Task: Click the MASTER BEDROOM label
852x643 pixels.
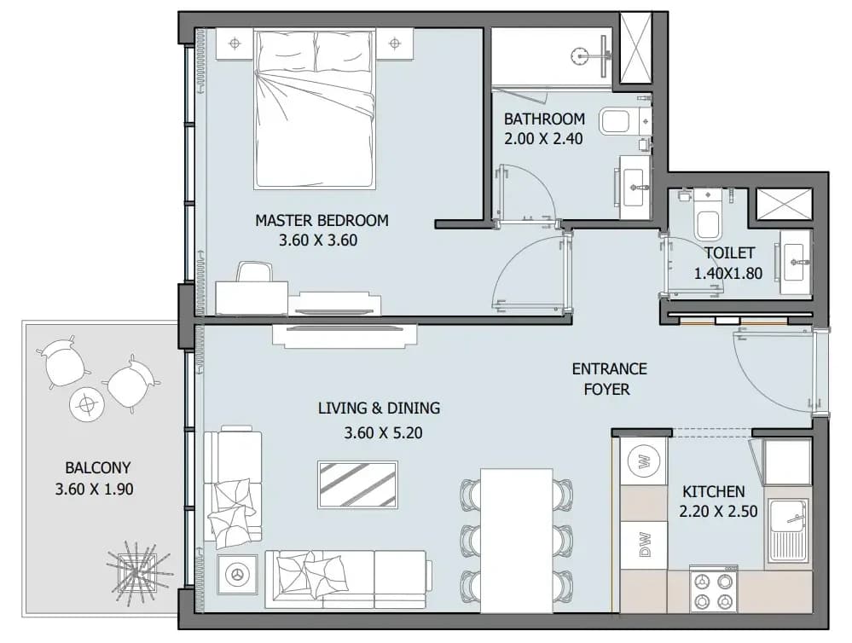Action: pos(322,221)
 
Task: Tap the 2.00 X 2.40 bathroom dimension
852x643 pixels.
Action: pos(543,139)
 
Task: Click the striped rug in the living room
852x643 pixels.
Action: pos(357,485)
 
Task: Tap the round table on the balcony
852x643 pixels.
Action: pos(86,404)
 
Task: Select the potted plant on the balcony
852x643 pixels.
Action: pos(138,572)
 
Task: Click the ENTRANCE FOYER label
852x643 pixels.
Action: pos(609,379)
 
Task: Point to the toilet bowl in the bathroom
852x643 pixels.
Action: pos(616,120)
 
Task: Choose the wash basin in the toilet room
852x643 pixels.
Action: pos(796,263)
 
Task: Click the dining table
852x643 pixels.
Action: pos(516,541)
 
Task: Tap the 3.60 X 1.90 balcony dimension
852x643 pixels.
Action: pos(94,489)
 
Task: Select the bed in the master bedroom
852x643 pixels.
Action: pos(315,109)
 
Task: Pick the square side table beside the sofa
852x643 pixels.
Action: pos(237,575)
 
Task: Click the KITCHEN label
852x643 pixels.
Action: pos(714,491)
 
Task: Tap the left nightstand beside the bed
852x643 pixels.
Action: pos(235,43)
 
